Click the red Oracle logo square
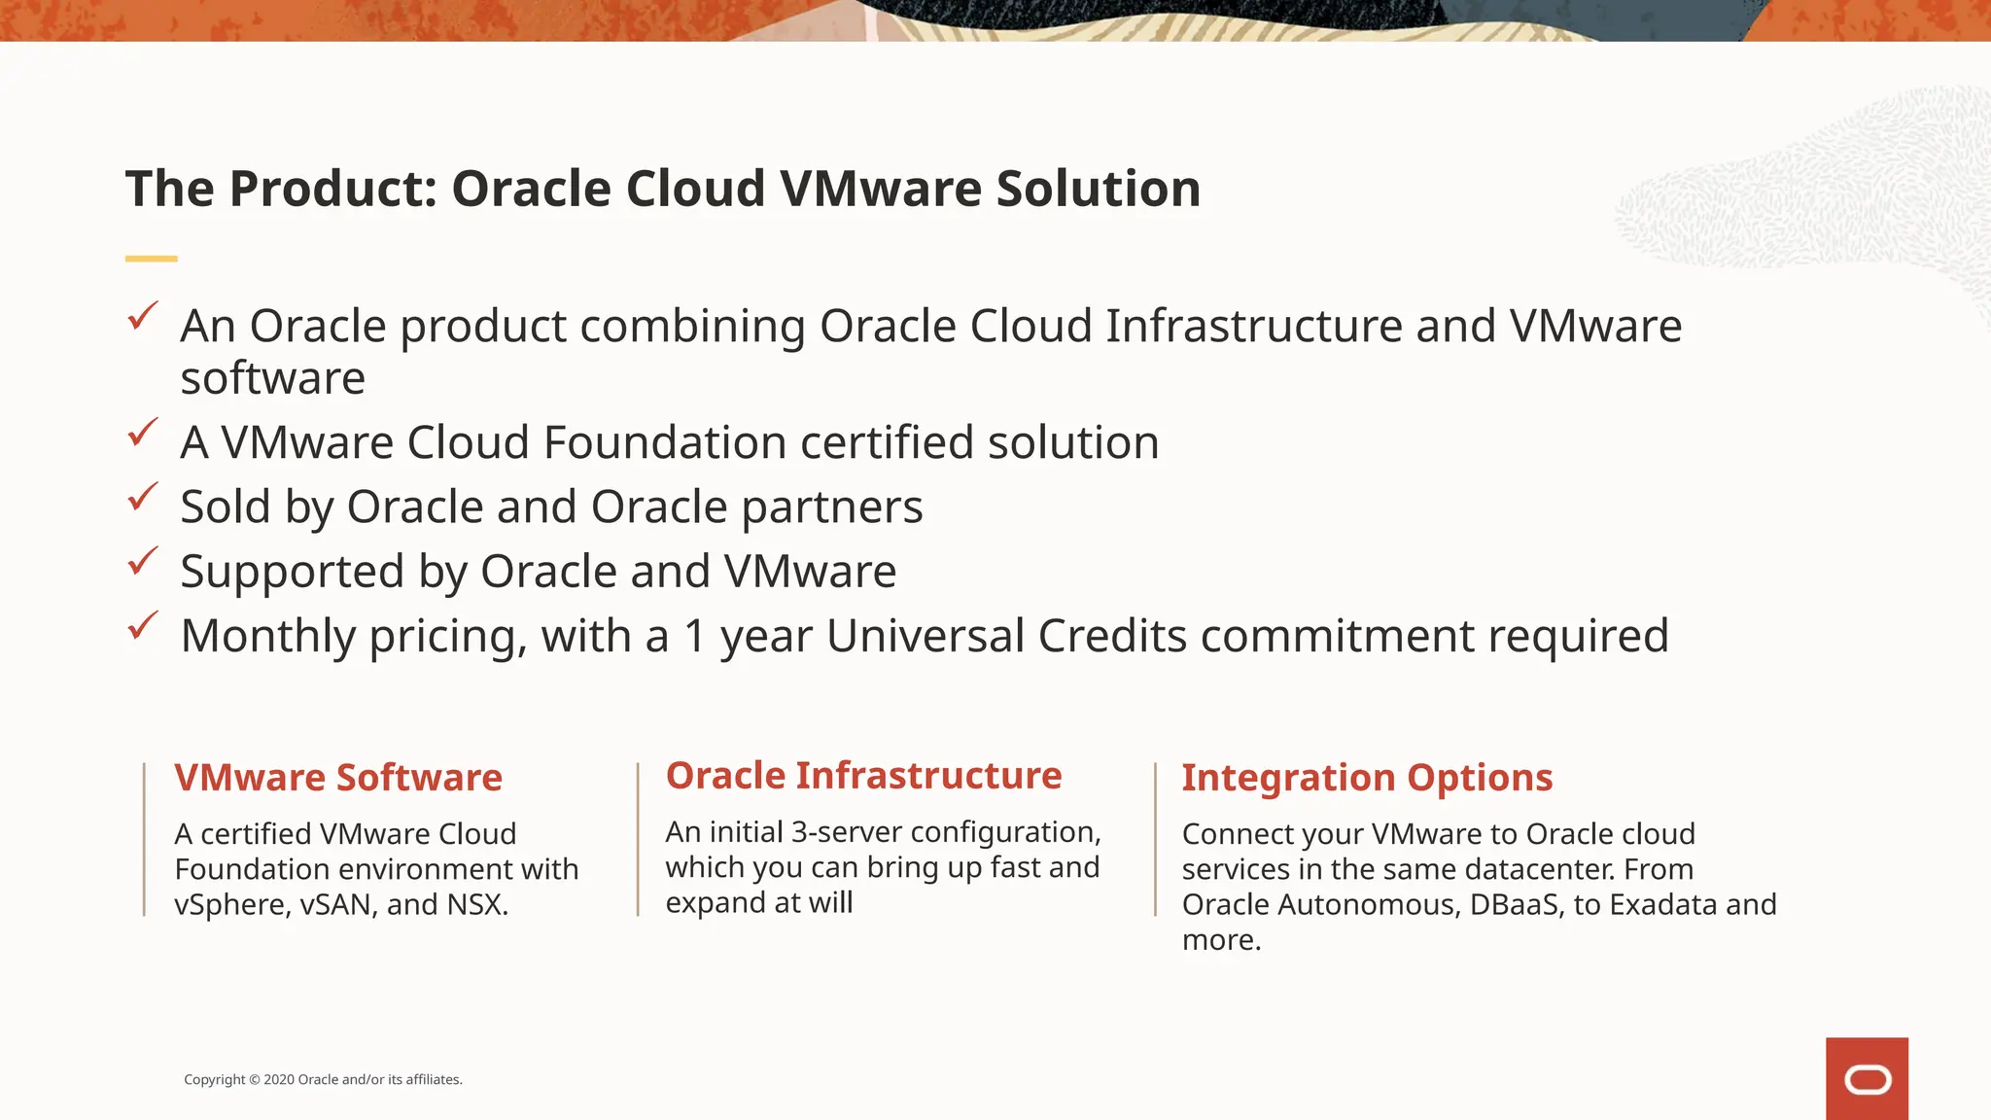click(x=1867, y=1078)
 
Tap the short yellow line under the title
click(x=151, y=259)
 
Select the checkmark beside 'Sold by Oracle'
click(x=143, y=497)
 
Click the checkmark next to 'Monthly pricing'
click(x=143, y=625)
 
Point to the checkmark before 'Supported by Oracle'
click(x=143, y=561)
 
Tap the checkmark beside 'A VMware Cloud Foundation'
click(x=143, y=433)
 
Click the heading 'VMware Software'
click(x=338, y=778)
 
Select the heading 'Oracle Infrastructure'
click(x=863, y=776)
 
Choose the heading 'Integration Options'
click(x=1367, y=778)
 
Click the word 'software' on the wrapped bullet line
click(x=273, y=378)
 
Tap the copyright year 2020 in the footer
click(x=279, y=1079)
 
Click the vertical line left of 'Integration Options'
click(x=1155, y=839)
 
